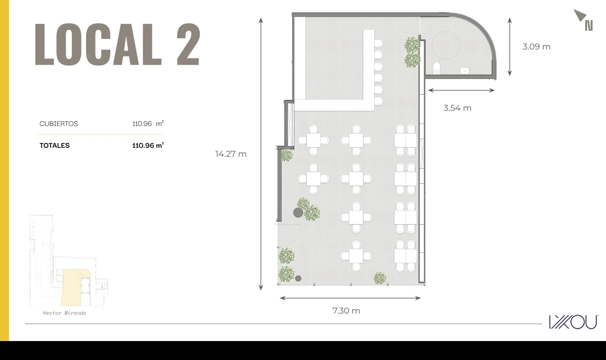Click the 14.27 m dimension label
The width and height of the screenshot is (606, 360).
(x=231, y=154)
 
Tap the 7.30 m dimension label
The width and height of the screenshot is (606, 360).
(x=346, y=311)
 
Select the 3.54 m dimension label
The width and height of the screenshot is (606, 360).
(x=457, y=108)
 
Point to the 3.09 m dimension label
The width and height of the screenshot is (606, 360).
(x=537, y=47)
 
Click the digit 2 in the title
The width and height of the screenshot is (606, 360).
(x=188, y=44)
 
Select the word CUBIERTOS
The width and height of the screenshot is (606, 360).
(x=59, y=124)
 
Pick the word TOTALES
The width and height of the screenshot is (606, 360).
(x=55, y=146)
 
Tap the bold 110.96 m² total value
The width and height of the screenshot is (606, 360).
(x=148, y=145)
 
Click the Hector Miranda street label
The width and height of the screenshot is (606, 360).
(x=64, y=313)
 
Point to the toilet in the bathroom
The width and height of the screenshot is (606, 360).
(x=437, y=68)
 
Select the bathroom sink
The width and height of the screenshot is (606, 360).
(x=465, y=71)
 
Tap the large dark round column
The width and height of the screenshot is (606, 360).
(x=298, y=213)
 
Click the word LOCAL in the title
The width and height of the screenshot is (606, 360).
(x=98, y=44)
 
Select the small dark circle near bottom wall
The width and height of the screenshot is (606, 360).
(x=298, y=279)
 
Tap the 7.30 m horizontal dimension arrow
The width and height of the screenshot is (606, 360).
(x=350, y=298)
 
